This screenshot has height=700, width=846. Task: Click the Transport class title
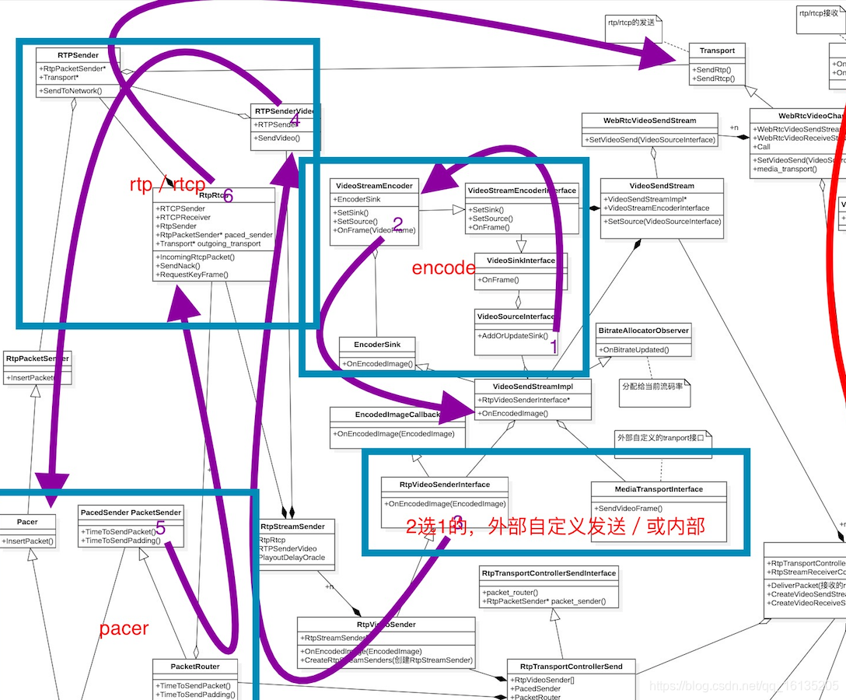point(716,51)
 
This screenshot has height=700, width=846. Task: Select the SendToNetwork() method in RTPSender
point(71,91)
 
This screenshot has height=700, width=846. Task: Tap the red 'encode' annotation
point(443,268)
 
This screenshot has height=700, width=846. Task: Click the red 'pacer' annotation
point(124,628)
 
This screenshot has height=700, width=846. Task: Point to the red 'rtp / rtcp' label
point(167,185)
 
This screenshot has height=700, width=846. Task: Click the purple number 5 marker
point(160,528)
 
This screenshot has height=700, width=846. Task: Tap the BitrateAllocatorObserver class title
point(643,331)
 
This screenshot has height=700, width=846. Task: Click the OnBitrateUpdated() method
point(634,350)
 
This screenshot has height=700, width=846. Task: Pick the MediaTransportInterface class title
point(658,489)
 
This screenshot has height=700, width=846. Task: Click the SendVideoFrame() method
point(628,508)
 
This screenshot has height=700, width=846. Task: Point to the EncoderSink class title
point(376,344)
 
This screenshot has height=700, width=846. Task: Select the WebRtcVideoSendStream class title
point(649,121)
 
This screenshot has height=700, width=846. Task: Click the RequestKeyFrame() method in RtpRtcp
point(191,275)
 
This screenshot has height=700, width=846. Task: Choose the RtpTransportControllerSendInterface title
point(549,573)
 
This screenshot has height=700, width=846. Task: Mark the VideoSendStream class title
point(662,186)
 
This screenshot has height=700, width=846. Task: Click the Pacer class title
point(27,522)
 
